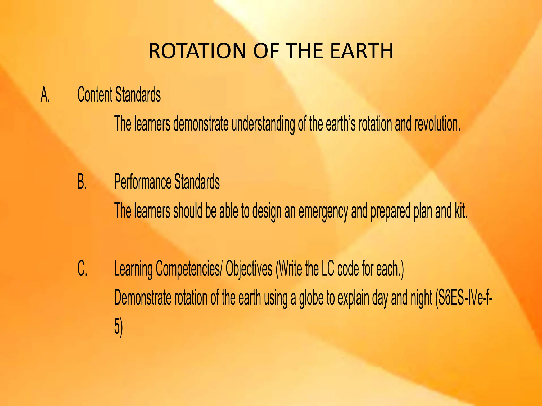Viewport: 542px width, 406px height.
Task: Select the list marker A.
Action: tap(45, 95)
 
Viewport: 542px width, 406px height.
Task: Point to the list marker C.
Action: tap(82, 269)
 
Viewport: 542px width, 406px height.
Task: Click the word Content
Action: tap(95, 95)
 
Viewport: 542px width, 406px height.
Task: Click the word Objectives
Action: tap(249, 269)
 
